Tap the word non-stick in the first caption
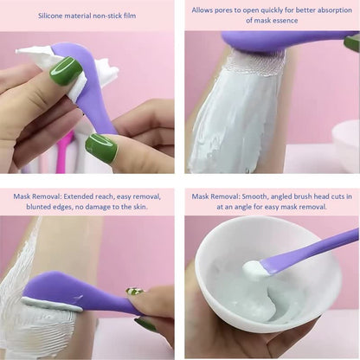(114, 16)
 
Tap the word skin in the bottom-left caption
(138, 207)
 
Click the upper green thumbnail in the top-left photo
(66, 70)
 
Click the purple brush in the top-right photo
(277, 41)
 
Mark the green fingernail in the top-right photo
(351, 42)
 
